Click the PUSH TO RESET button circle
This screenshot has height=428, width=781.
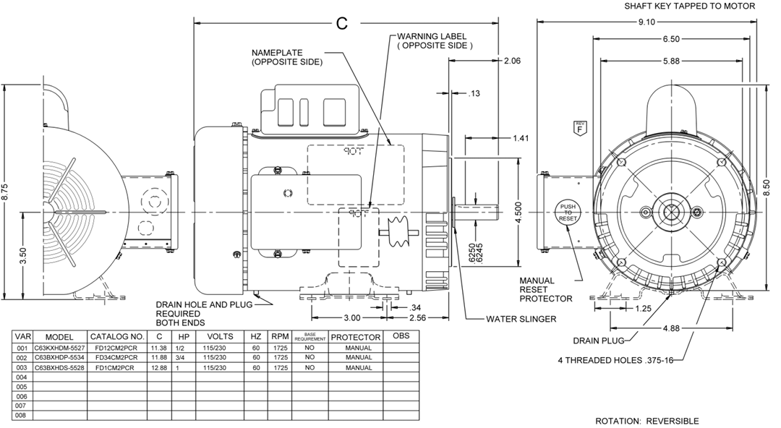(567, 212)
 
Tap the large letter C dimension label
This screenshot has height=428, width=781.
(342, 23)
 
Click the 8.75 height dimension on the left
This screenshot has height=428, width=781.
(7, 191)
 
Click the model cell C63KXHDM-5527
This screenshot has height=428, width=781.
(59, 348)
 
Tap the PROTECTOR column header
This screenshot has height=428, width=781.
(356, 337)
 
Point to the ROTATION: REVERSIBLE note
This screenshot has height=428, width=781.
(646, 421)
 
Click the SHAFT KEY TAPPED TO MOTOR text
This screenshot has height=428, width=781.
(690, 6)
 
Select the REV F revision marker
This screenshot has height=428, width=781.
(579, 127)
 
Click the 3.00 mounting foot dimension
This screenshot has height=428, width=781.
(351, 318)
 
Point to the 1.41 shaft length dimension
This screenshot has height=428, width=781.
(520, 138)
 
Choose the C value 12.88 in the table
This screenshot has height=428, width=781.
(158, 367)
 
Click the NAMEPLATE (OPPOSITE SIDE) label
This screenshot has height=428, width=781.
(287, 58)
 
